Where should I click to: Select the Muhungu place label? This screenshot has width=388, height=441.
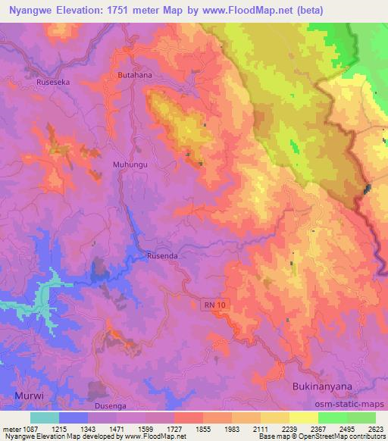tap(108, 163)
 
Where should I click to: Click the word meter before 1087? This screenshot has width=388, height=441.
tap(10, 429)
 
